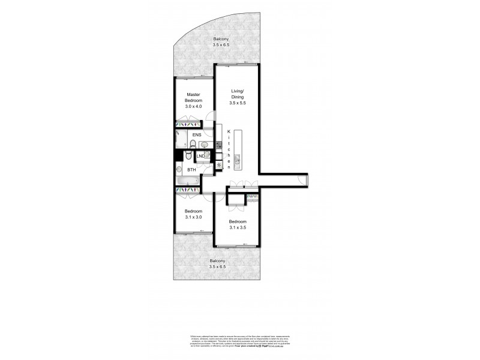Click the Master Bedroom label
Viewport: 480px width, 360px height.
point(193,97)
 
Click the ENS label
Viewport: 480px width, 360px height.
point(196,136)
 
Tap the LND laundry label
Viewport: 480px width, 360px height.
point(201,156)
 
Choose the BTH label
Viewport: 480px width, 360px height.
point(192,170)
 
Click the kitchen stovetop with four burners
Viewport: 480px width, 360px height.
point(218,145)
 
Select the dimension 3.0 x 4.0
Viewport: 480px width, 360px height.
point(193,106)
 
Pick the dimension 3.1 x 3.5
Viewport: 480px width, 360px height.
point(238,227)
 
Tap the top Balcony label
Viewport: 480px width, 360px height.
point(221,39)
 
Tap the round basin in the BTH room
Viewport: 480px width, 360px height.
point(179,169)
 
